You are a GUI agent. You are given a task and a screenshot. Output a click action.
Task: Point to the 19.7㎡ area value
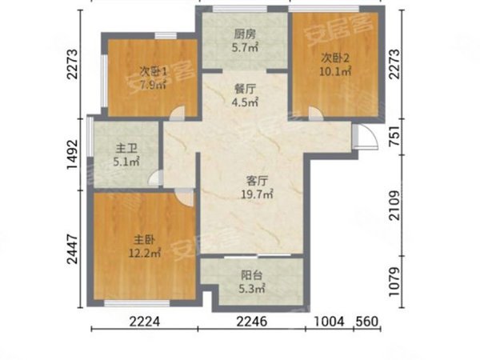pyautogui.click(x=256, y=193)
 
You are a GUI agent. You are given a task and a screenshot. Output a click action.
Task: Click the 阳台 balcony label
pyautogui.click(x=250, y=274)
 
